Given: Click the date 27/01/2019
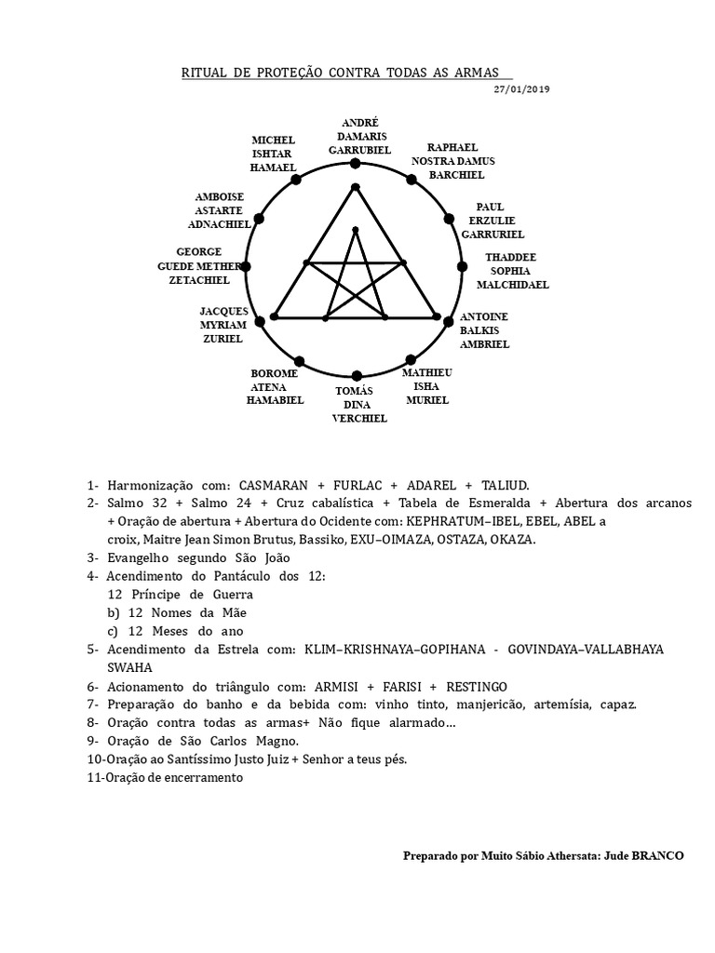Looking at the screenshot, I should [x=522, y=88].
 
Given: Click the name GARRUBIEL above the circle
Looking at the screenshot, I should [x=359, y=149].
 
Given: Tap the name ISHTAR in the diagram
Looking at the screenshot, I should [x=273, y=154].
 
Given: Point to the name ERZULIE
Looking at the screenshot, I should [x=492, y=221].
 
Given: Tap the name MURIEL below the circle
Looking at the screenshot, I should [x=427, y=400].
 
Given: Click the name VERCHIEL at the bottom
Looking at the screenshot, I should [x=359, y=419].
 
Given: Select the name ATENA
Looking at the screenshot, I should [x=268, y=386].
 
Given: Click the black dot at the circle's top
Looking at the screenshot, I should [x=355, y=164].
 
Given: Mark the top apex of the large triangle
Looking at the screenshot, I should [x=355, y=188].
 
